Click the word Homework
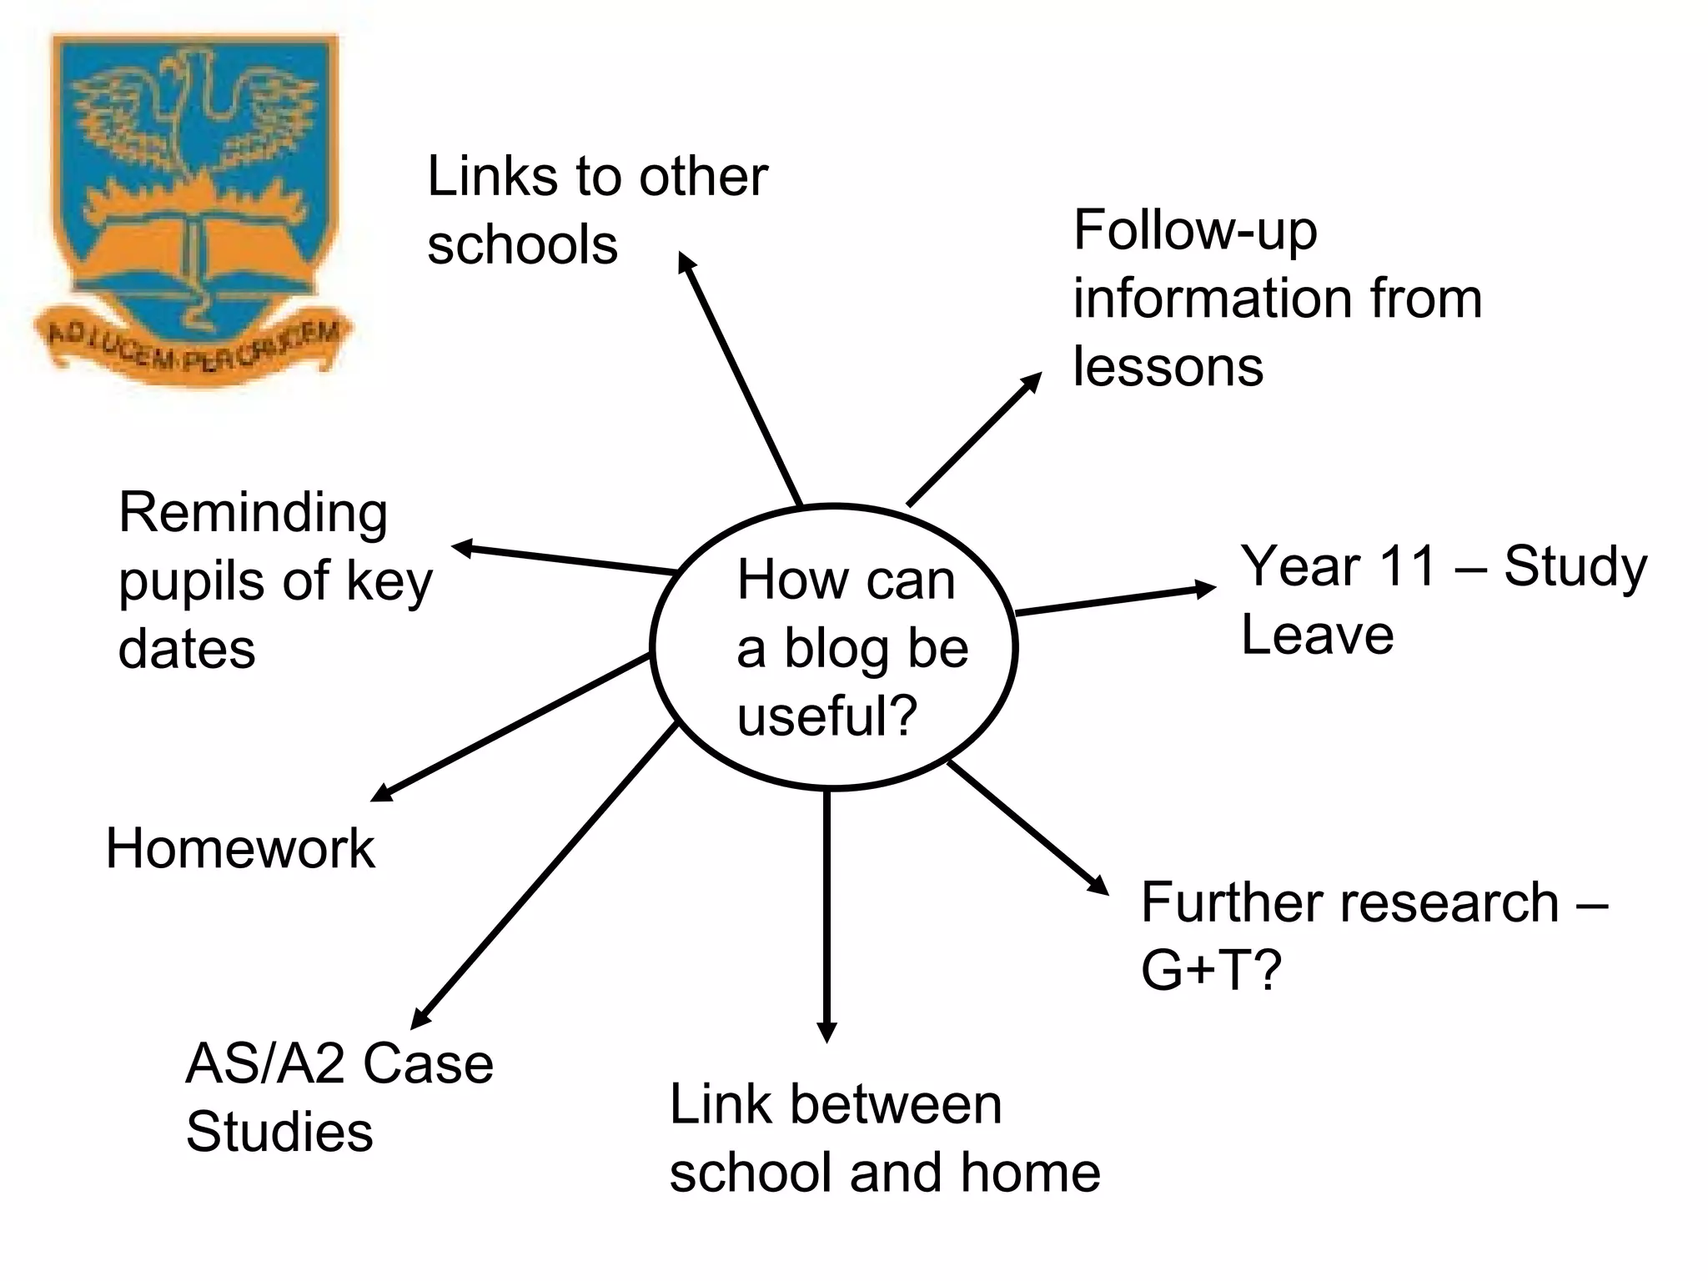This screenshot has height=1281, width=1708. tap(240, 850)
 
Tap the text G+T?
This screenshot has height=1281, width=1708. tap(1210, 971)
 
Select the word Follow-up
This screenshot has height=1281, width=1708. tap(1195, 231)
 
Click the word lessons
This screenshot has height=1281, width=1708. tap(1168, 367)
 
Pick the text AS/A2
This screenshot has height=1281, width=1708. tap(264, 1064)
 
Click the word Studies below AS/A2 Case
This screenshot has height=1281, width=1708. tap(279, 1133)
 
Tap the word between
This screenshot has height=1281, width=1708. tap(896, 1105)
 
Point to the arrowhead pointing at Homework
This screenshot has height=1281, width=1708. tap(382, 792)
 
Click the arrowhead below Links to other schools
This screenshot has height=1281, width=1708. tap(686, 262)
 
